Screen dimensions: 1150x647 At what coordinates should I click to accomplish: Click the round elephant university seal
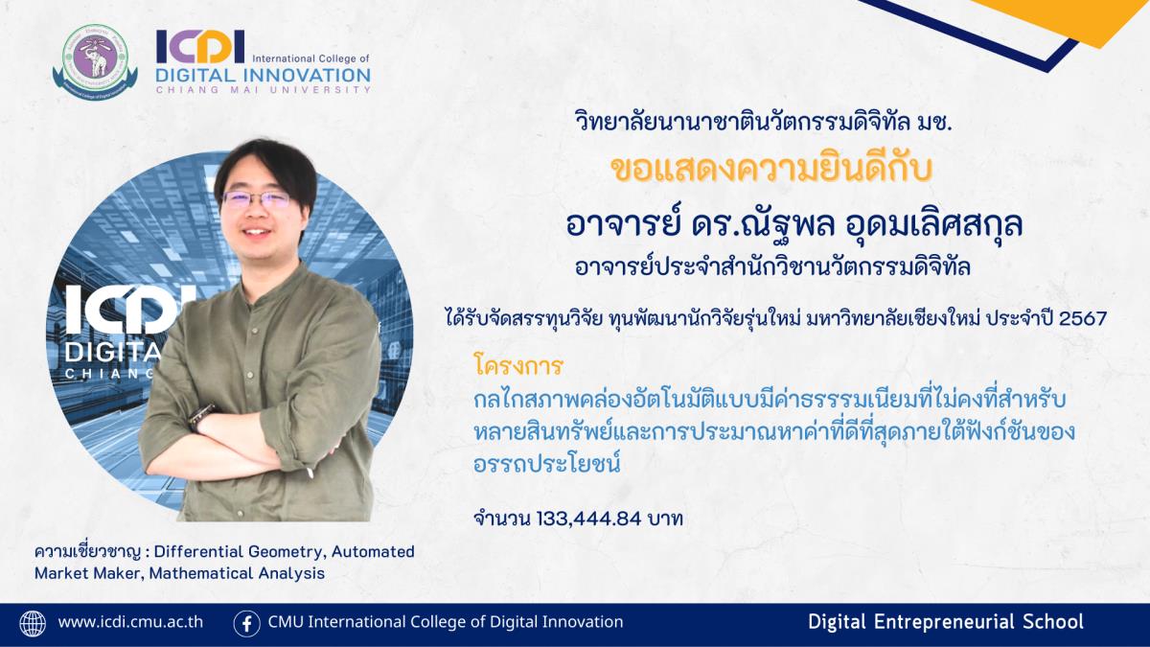(95, 62)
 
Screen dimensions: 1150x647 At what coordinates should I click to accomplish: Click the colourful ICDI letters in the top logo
(200, 47)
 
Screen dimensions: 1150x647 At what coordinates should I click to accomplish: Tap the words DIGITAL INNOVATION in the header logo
(263, 76)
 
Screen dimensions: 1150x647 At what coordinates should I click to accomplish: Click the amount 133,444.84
(588, 520)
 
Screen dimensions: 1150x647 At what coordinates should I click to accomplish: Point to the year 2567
(1082, 319)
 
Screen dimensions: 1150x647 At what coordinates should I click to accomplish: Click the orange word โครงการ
(519, 366)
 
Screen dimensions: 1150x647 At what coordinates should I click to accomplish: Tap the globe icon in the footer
(33, 623)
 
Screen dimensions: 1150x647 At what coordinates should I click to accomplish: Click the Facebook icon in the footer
(246, 624)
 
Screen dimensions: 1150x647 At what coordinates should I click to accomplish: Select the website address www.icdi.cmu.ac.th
(130, 622)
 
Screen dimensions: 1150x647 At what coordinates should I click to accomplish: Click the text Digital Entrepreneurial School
(946, 622)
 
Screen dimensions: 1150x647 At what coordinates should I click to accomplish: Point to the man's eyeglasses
(256, 199)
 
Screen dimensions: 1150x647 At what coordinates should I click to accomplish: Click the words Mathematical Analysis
(237, 573)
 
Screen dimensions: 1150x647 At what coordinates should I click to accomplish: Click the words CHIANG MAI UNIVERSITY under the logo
(263, 90)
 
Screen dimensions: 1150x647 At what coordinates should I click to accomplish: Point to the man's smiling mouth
(257, 231)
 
